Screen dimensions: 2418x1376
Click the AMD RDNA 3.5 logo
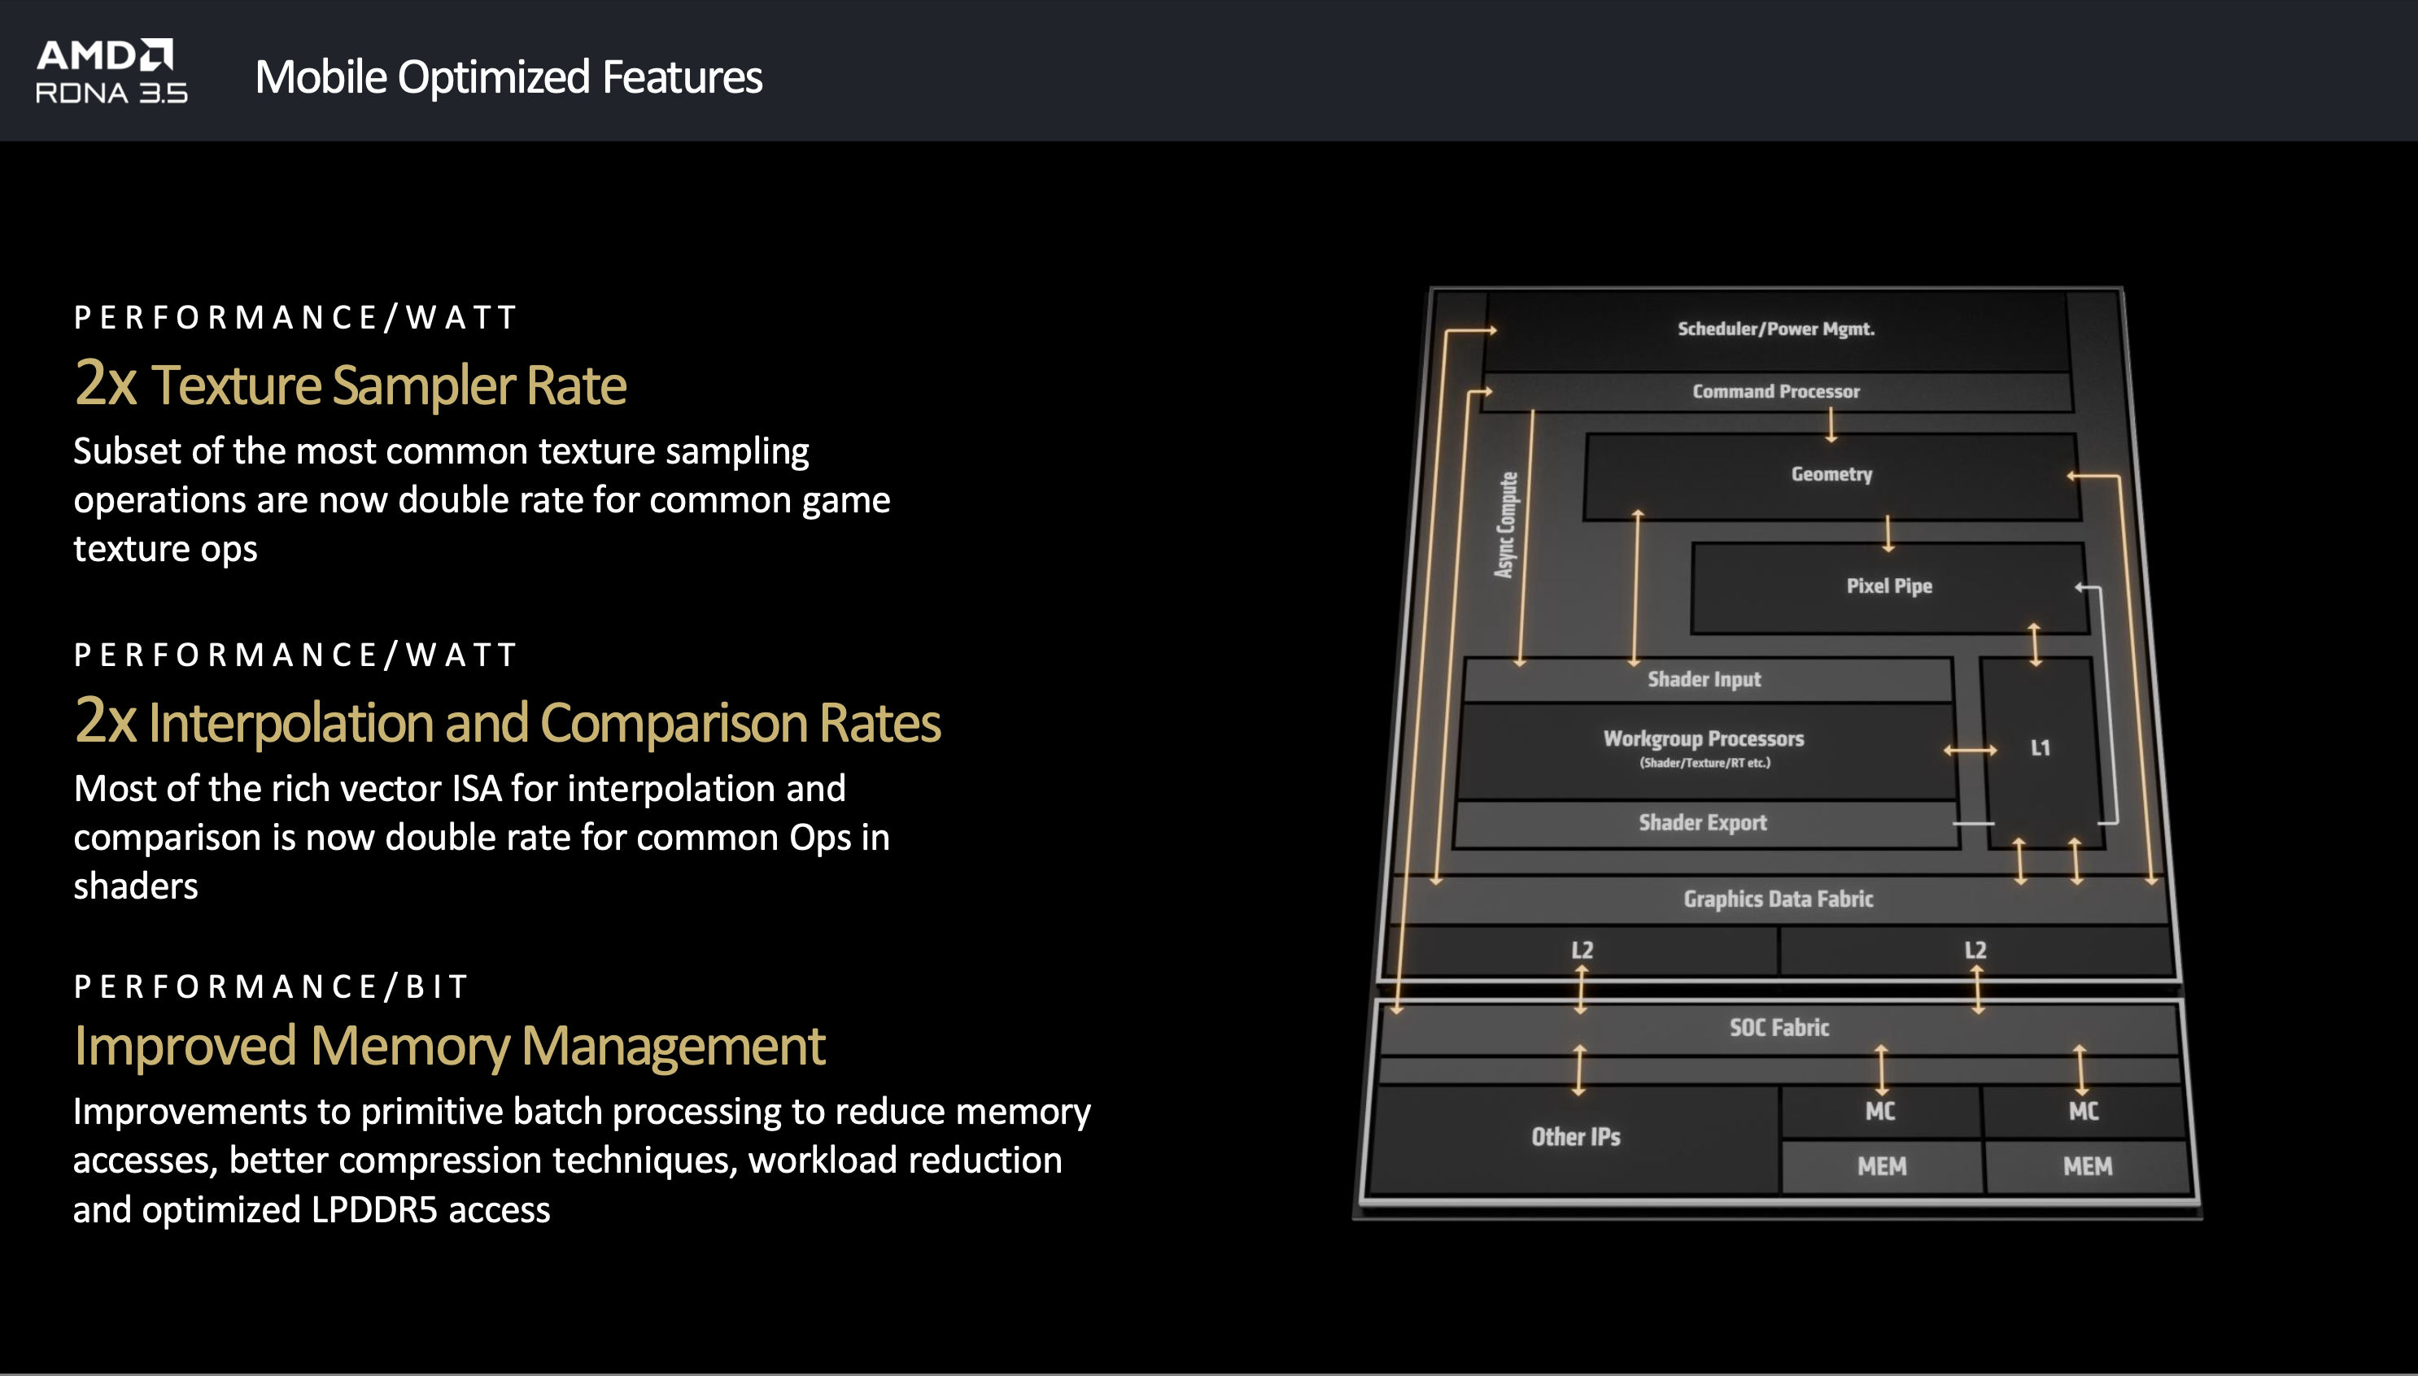pyautogui.click(x=111, y=71)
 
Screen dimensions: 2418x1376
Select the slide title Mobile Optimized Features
pyautogui.click(x=508, y=77)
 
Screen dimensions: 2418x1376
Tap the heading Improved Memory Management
pyautogui.click(x=450, y=1046)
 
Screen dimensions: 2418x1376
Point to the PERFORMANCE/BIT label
pyautogui.click(x=271, y=986)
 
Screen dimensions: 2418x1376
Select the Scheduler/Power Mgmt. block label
pyautogui.click(x=1776, y=329)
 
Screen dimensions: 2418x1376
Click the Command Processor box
pyautogui.click(x=1776, y=391)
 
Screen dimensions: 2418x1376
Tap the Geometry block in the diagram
pyautogui.click(x=1832, y=476)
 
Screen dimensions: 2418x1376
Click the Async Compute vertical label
pyautogui.click(x=1507, y=525)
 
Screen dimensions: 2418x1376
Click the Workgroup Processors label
pyautogui.click(x=1704, y=738)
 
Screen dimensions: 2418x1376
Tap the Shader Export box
pyautogui.click(x=1705, y=823)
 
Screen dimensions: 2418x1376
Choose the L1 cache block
pyautogui.click(x=2042, y=752)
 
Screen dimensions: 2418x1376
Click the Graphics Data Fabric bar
pyautogui.click(x=1779, y=899)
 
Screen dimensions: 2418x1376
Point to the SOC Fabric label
pyautogui.click(x=1779, y=1027)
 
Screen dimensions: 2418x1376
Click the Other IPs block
pyautogui.click(x=1575, y=1138)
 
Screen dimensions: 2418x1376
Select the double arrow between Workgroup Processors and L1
pyautogui.click(x=1970, y=751)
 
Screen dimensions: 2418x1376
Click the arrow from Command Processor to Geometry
pyautogui.click(x=1831, y=425)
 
